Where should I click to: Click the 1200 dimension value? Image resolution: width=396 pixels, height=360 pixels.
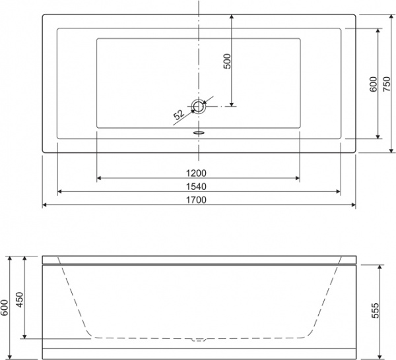(x=198, y=173)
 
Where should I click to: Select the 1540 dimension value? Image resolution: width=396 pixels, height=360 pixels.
(x=198, y=187)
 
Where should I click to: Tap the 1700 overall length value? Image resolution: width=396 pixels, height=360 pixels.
(x=198, y=200)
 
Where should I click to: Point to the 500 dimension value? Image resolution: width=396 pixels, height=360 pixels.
(x=227, y=62)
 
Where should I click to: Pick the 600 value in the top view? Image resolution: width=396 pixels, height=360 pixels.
(x=373, y=84)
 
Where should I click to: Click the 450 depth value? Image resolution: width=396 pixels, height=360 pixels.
(x=20, y=300)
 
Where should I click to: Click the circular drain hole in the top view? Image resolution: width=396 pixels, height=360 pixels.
(x=198, y=105)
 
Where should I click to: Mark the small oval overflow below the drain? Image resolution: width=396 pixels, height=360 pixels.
(x=198, y=131)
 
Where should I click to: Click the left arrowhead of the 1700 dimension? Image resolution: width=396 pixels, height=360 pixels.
(x=46, y=205)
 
